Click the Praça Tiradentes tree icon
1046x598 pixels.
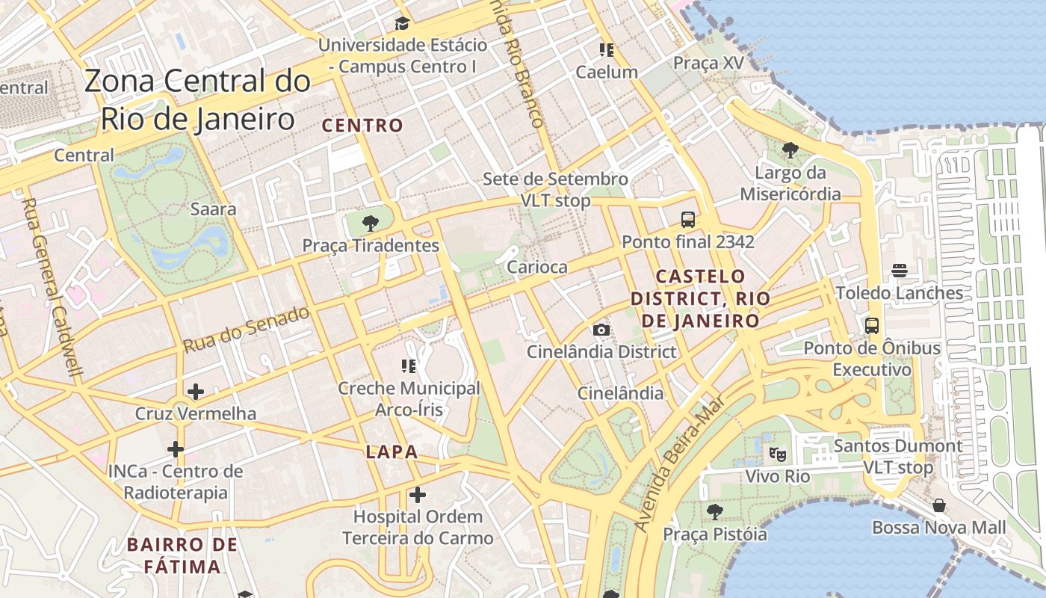pyautogui.click(x=370, y=223)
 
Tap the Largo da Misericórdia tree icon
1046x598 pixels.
pyautogui.click(x=790, y=150)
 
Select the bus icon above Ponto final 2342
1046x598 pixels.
pyautogui.click(x=688, y=220)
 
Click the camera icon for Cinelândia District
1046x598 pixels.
pyautogui.click(x=601, y=330)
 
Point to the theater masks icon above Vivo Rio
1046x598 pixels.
pyautogui.click(x=778, y=453)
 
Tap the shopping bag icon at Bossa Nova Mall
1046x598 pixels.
pyautogui.click(x=939, y=506)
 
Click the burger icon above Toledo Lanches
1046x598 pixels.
pyautogui.click(x=900, y=271)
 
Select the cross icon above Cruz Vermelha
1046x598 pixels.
pyautogui.click(x=196, y=391)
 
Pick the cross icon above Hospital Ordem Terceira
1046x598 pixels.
pyautogui.click(x=417, y=494)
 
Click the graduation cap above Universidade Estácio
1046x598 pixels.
pyautogui.click(x=402, y=23)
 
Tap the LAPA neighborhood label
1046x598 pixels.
pyautogui.click(x=392, y=452)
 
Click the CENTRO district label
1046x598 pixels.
pyautogui.click(x=362, y=126)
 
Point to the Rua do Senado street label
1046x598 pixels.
pyautogui.click(x=247, y=330)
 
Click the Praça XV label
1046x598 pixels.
pyautogui.click(x=708, y=63)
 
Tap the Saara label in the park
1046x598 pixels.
pyautogui.click(x=213, y=209)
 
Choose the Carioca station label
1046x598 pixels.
pyautogui.click(x=536, y=267)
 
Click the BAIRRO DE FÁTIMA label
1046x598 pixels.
pyautogui.click(x=182, y=555)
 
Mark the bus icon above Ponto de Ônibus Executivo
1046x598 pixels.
pyautogui.click(x=871, y=326)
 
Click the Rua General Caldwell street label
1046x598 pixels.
pyautogui.click(x=52, y=288)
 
